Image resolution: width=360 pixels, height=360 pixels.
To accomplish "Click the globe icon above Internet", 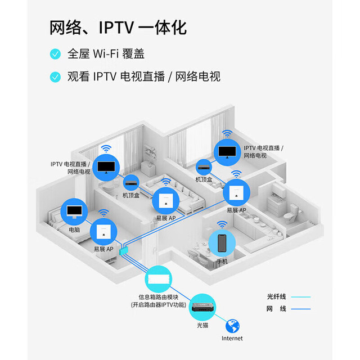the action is coord(232,326).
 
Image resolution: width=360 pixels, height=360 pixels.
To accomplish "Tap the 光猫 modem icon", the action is coord(202,307).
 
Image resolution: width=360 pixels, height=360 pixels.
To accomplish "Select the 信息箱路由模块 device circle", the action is coord(159,279).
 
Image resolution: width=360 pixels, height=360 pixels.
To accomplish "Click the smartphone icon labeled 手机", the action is coord(222,243).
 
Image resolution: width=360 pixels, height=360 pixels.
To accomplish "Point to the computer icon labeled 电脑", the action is coord(74,211).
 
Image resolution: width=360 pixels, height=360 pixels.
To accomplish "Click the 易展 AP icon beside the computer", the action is coord(103,232).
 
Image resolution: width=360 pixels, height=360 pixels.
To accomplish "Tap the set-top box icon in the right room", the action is coord(204,167).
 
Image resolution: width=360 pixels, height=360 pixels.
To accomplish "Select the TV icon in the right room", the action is coord(227,152).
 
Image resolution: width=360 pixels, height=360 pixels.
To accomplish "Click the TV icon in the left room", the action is coord(106,168).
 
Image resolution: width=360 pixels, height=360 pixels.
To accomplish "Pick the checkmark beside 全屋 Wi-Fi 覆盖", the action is coord(55,54).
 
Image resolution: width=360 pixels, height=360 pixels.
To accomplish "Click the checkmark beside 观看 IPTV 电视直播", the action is coord(55,77).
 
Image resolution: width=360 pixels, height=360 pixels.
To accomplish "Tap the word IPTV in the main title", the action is coord(116,28).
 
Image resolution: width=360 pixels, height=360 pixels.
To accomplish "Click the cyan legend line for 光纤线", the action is coord(301,297).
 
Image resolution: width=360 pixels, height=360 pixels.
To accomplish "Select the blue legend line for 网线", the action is coord(301,309).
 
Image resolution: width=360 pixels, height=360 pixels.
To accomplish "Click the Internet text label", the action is coord(232,338).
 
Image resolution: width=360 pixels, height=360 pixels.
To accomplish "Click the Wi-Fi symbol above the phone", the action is coord(222,224).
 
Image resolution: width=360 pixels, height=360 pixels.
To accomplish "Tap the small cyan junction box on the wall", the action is coord(124,251).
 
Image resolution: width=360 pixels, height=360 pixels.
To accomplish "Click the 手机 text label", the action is coord(222,261).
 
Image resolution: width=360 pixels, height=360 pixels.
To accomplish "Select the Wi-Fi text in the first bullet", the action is coord(106,54).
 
